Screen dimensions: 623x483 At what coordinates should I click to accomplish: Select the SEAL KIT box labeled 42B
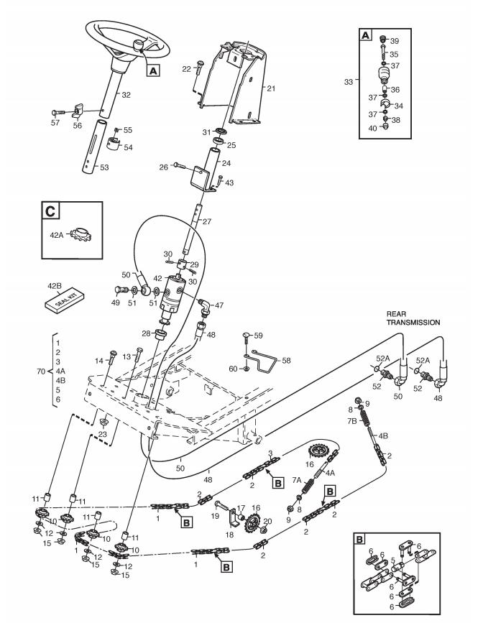[x=63, y=301]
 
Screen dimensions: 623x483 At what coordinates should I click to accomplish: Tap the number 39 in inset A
[x=405, y=40]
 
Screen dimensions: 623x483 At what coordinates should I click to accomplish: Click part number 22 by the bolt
[x=185, y=69]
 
